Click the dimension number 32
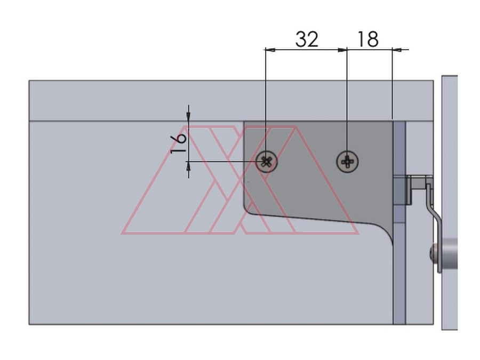click(x=307, y=39)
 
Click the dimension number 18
click(x=367, y=39)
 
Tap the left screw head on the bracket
click(x=267, y=161)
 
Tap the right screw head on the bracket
click(x=347, y=161)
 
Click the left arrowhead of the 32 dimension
click(x=270, y=49)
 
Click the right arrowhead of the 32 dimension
click(x=342, y=49)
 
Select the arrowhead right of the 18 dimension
click(x=397, y=49)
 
